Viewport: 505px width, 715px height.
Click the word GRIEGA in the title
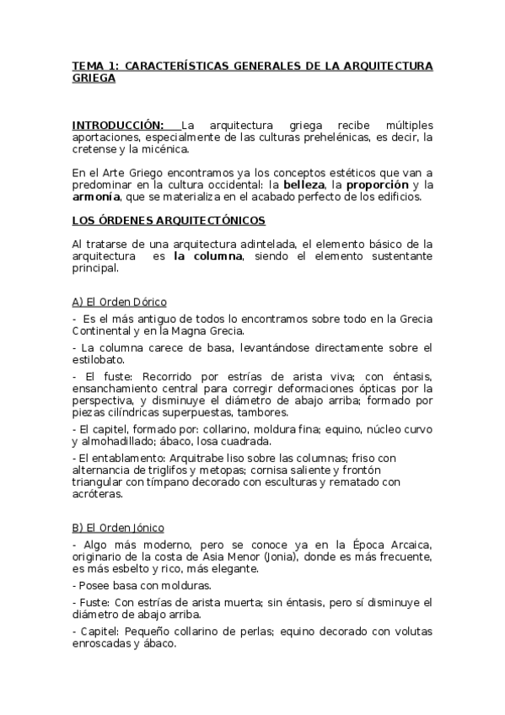pos(93,78)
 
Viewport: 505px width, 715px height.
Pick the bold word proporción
pos(378,185)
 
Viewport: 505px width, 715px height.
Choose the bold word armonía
pos(96,196)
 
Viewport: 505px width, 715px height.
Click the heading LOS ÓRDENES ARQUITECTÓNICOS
pos(169,221)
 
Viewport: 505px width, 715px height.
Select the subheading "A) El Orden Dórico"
pos(120,301)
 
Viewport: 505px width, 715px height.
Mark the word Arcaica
pos(408,545)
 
